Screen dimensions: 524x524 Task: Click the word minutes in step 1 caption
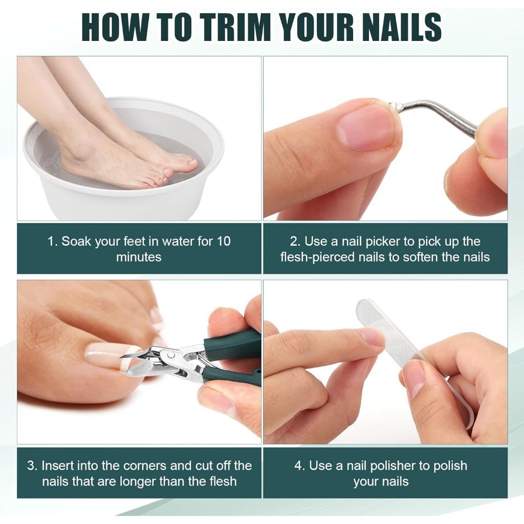[139, 257]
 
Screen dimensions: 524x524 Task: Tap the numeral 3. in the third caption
[32, 466]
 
